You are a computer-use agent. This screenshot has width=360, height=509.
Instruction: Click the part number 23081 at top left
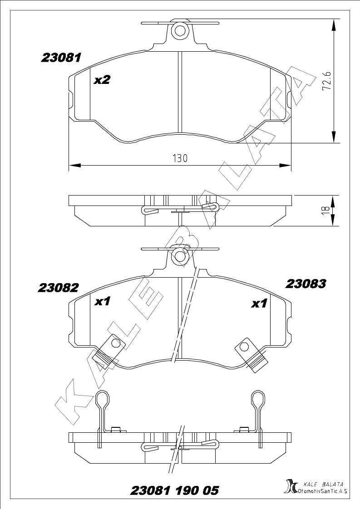(61, 58)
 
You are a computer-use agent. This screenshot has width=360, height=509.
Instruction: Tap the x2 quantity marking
(102, 80)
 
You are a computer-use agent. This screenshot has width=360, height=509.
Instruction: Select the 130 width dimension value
(180, 158)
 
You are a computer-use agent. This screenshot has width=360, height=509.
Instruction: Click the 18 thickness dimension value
(326, 210)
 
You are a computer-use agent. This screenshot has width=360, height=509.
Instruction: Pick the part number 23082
(59, 288)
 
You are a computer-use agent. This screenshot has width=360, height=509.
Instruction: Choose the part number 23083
(306, 284)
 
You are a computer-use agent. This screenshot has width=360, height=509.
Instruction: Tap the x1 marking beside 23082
(102, 302)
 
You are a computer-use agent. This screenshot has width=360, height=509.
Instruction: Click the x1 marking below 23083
(259, 303)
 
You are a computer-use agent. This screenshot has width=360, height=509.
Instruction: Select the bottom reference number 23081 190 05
(174, 490)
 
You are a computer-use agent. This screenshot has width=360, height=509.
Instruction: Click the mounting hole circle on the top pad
(179, 31)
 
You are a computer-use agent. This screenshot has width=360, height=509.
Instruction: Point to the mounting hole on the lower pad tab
(179, 257)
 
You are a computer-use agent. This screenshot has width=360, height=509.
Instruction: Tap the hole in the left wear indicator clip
(115, 343)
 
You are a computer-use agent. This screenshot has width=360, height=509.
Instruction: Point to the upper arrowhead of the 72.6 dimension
(334, 24)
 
